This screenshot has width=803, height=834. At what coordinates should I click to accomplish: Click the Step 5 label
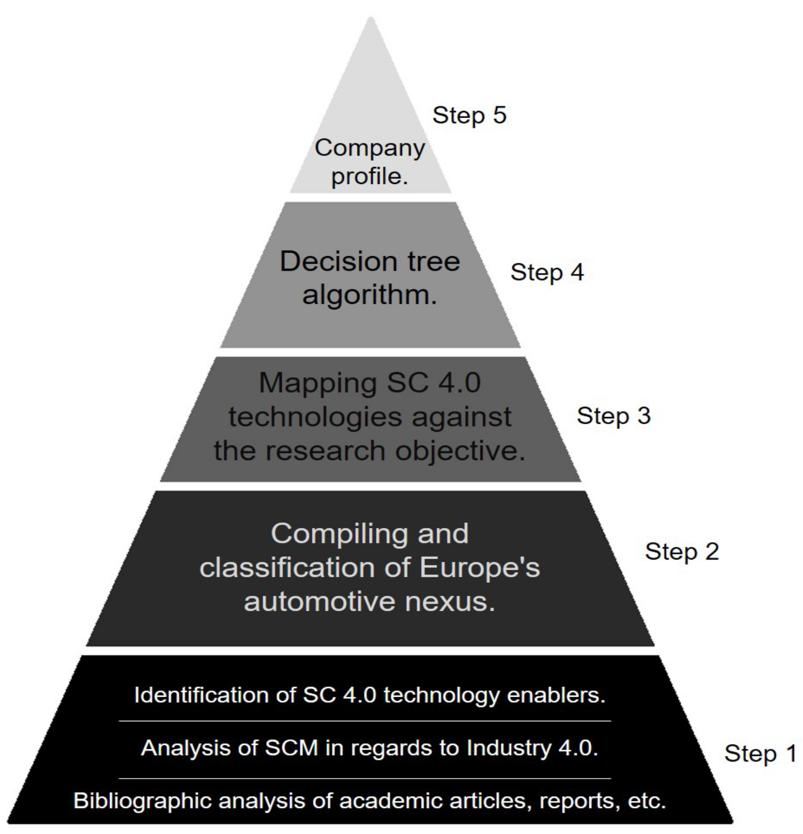470,115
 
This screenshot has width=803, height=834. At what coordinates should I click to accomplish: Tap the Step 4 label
547,272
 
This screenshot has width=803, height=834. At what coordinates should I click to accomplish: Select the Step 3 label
614,416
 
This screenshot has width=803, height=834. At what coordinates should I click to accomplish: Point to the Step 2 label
682,552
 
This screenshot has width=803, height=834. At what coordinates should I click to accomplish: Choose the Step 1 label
760,753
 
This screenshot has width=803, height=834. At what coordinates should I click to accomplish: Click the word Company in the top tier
370,148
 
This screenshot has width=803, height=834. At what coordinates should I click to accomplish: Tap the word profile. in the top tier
369,176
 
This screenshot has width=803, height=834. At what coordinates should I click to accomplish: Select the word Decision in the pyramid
333,261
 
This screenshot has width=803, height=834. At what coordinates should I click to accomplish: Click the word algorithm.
370,294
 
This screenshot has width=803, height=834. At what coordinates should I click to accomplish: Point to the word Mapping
317,383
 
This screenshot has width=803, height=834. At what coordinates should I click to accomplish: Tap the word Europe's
480,568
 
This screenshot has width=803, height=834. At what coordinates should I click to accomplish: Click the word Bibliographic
143,801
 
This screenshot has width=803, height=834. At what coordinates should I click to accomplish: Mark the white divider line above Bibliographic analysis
365,779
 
